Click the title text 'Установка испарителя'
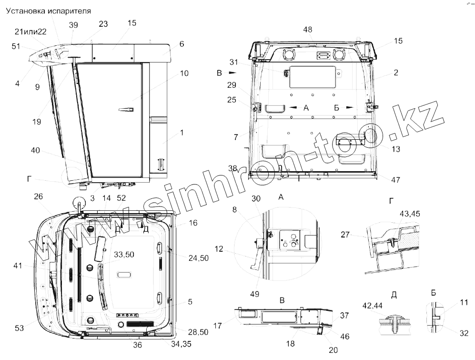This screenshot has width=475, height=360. point(49,11)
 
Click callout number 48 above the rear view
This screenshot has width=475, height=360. point(307,30)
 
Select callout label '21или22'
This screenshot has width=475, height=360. point(30,32)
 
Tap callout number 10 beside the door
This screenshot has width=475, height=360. point(184,73)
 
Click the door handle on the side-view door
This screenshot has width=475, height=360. point(126,109)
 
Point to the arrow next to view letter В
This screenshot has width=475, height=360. point(232,73)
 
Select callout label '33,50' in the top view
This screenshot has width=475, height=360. point(124,254)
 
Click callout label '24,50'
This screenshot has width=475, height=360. point(198,258)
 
